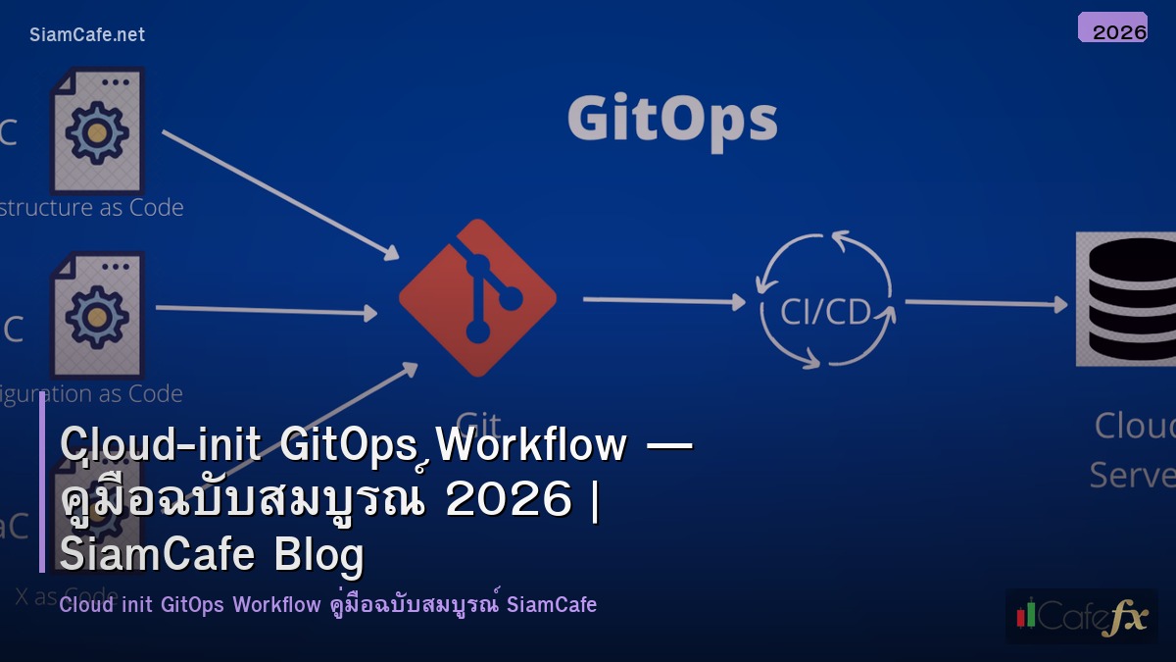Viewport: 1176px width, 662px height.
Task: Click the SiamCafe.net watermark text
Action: pos(87,34)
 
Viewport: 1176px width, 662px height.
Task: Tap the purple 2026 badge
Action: pos(1112,28)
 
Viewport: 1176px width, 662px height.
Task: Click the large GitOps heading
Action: pos(672,120)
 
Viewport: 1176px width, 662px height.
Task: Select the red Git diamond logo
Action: pos(477,298)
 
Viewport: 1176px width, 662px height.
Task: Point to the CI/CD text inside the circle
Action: pos(826,311)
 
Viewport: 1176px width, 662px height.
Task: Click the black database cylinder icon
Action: pos(1127,299)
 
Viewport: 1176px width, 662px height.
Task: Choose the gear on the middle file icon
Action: pos(96,316)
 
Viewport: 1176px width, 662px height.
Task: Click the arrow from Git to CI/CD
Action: pos(663,300)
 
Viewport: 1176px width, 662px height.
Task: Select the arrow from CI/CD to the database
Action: pos(984,304)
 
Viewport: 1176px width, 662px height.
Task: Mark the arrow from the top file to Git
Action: pos(280,194)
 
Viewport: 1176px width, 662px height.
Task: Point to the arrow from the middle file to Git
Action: pos(266,311)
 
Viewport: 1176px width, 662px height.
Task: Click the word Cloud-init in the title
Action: pos(161,445)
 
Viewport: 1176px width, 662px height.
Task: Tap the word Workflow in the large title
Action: pos(531,445)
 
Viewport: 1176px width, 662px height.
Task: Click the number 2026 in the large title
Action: pos(508,500)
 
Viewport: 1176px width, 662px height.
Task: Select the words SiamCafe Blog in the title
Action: pos(212,554)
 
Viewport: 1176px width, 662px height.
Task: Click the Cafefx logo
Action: pos(1081,616)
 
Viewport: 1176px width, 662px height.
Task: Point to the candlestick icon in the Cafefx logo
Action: pos(1026,614)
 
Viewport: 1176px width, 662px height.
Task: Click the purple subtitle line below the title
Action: pos(327,604)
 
